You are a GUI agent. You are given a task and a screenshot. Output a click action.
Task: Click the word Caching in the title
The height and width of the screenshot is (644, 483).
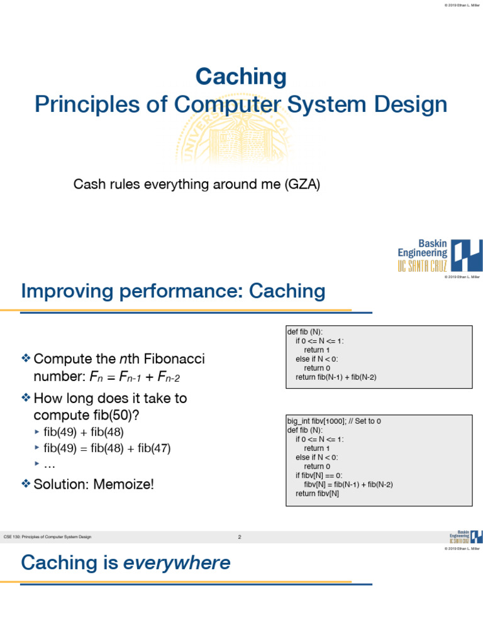coord(241,77)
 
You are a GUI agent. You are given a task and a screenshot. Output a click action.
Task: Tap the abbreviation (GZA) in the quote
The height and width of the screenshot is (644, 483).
coord(303,184)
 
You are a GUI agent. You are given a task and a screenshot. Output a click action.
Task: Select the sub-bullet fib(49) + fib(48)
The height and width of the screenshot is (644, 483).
coord(84,431)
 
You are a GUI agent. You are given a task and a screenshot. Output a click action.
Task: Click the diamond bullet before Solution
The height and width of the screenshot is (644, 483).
coord(26,484)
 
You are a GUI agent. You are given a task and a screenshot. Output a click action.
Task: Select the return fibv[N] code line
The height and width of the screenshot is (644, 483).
coord(317,494)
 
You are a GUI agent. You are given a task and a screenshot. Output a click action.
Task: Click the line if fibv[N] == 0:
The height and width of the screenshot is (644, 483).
coord(319,475)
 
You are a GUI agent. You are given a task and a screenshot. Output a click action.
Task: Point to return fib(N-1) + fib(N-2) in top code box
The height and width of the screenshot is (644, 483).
coord(336,377)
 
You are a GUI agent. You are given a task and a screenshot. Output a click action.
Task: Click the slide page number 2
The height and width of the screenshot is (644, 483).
coord(240,537)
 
